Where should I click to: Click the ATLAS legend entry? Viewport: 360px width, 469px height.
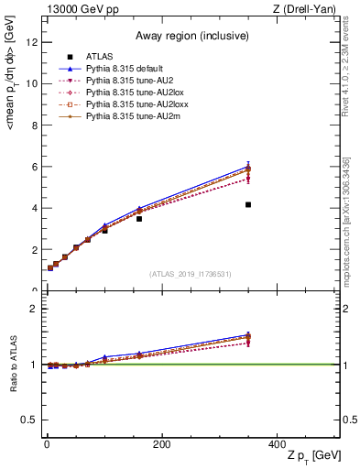101,58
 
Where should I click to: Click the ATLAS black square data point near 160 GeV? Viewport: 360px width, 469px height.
139,219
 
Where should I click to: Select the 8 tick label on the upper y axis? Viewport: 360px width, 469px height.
33,125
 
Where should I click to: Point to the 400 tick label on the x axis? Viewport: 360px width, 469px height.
276,443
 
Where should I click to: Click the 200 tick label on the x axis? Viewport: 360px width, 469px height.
161,443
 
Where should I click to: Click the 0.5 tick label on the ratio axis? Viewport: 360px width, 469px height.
28,420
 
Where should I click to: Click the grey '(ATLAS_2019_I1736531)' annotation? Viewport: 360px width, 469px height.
191,274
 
